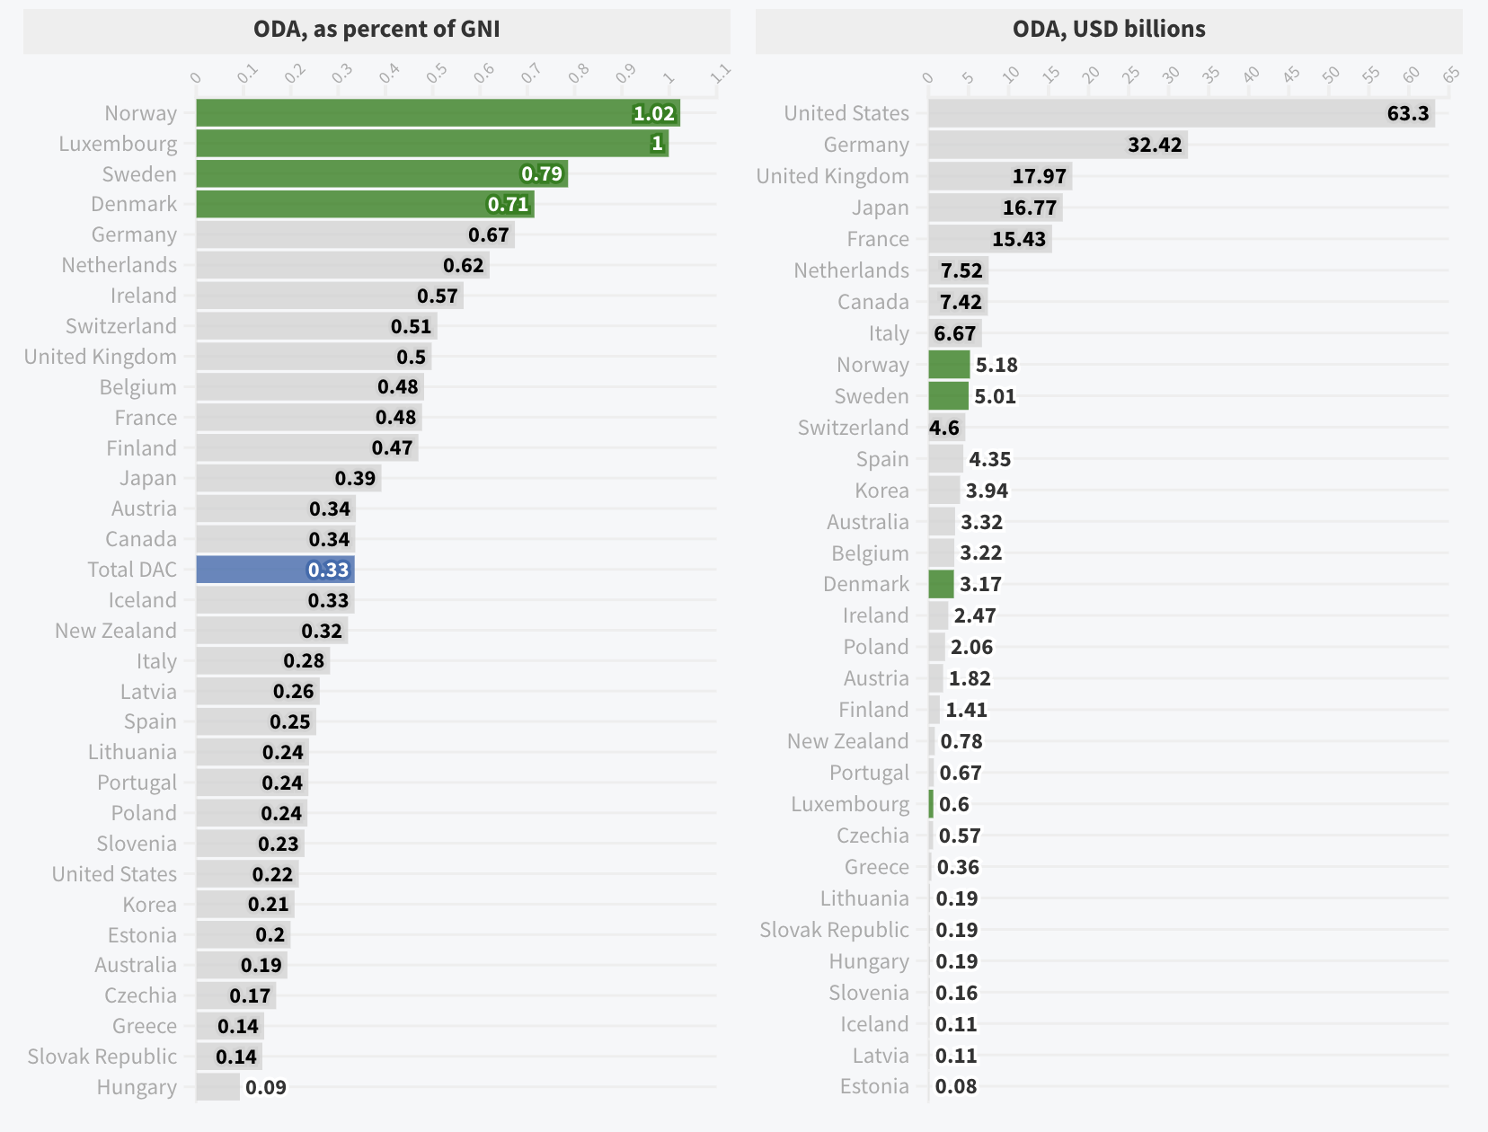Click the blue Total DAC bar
point(275,570)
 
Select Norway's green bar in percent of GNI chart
point(413,113)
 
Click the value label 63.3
point(1408,113)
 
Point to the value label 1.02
point(653,113)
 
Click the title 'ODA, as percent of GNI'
point(376,30)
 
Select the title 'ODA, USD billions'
point(1109,30)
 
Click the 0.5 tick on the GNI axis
point(436,75)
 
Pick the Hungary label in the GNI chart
point(137,1087)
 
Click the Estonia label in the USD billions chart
point(874,1086)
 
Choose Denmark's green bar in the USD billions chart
point(941,584)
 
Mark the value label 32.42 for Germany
point(1155,145)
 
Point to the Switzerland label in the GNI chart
point(121,326)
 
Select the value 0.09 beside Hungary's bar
point(266,1087)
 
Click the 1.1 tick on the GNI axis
point(720,75)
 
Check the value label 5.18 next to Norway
point(996,365)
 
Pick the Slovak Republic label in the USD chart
point(834,930)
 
